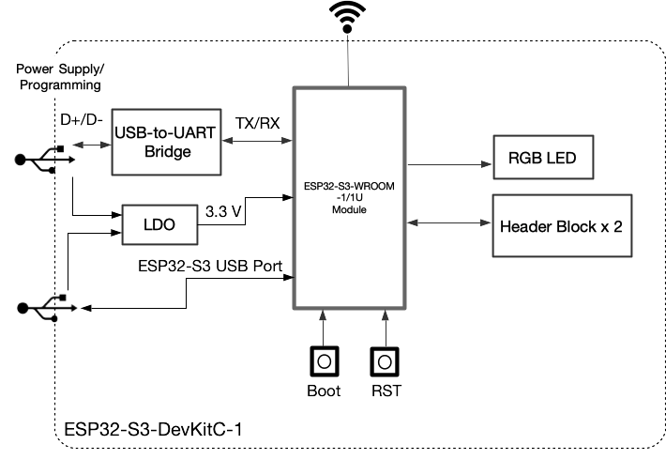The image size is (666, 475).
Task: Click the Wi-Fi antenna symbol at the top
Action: pos(348,17)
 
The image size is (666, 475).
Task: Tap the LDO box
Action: pos(158,224)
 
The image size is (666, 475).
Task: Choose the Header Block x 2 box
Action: pos(561,226)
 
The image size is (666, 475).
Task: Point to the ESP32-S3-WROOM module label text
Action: pos(348,198)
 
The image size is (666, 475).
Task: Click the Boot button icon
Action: pos(324,360)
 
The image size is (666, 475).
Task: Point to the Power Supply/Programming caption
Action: pos(58,77)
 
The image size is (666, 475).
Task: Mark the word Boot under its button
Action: pos(324,390)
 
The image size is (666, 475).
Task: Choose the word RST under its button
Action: pos(384,390)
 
